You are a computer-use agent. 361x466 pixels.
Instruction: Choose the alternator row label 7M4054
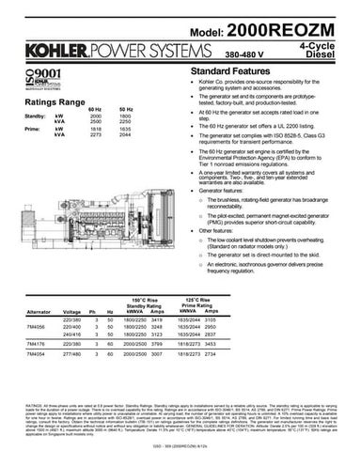tap(39, 361)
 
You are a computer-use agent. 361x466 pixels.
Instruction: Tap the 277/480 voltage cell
tap(71, 361)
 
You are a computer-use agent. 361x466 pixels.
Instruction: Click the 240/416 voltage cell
tap(71, 336)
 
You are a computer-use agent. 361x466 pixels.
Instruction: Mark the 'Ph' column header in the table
tap(94, 309)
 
